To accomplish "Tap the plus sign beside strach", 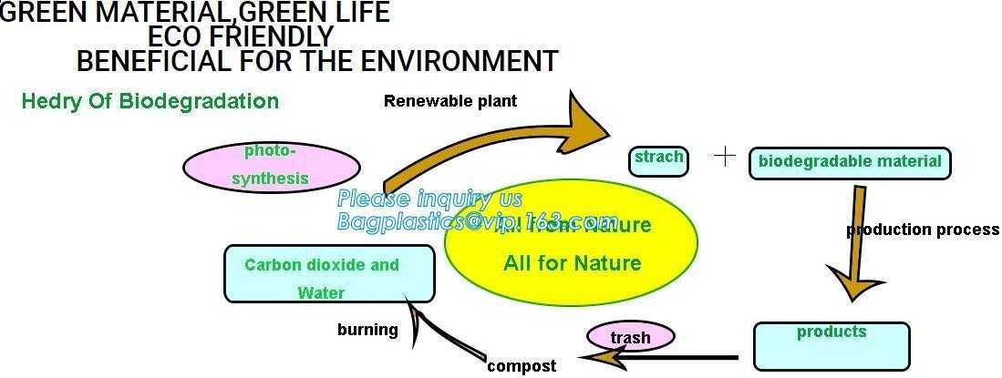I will coord(724,156).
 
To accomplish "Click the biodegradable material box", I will coord(850,163).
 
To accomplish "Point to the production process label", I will coord(923,230).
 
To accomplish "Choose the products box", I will coord(832,344).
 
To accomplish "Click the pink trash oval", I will coord(631,337).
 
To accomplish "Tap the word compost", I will coord(522,366).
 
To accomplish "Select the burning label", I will coord(367,330).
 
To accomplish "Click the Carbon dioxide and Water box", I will coord(329,274).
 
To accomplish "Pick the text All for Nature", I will coord(573,264).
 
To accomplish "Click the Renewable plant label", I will coord(450,101).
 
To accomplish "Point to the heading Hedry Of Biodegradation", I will coord(150,101).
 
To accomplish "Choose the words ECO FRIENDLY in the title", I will coord(241,37).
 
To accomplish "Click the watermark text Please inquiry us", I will coord(429,199).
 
